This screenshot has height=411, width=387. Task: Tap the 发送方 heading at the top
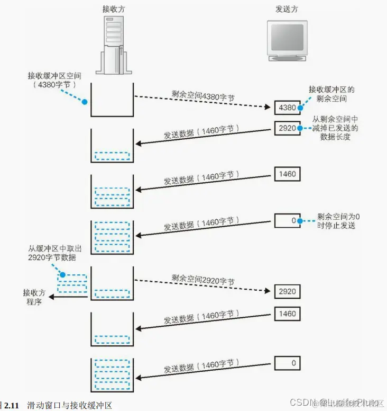tap(287, 10)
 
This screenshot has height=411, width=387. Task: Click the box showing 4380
tap(288, 108)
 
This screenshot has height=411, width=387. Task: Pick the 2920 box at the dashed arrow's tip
tap(288, 291)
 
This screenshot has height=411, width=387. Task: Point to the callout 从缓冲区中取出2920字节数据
tap(53, 253)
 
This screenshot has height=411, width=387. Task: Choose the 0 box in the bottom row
tap(288, 363)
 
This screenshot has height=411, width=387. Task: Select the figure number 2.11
tap(12, 406)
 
